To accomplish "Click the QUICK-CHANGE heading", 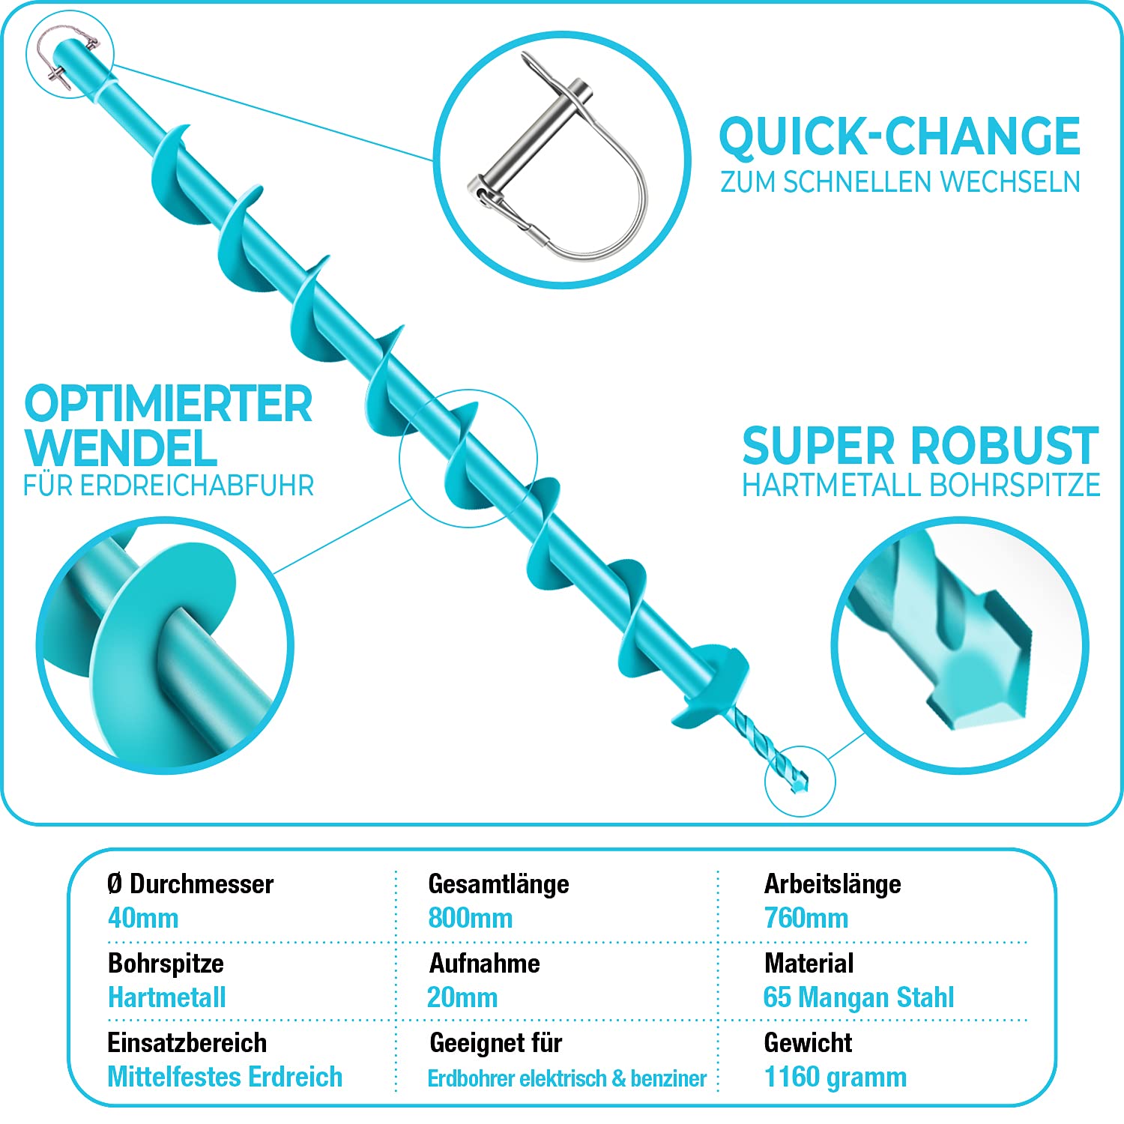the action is click(x=899, y=137).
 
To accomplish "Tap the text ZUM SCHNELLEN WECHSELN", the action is click(x=900, y=182).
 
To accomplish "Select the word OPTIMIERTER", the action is click(x=169, y=404).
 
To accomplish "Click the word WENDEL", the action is click(x=121, y=448).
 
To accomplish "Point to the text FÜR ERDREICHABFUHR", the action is click(x=169, y=486).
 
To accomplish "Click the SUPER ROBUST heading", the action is click(x=921, y=446).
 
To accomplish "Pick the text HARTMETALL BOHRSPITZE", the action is click(x=921, y=486).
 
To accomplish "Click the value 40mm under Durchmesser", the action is click(x=143, y=918).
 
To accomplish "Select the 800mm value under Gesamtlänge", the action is click(x=471, y=918).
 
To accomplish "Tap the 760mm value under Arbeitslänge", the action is click(x=806, y=918).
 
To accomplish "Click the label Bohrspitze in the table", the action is click(x=166, y=964).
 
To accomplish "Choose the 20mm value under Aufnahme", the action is click(x=462, y=997).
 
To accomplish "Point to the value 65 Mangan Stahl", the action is click(x=859, y=997).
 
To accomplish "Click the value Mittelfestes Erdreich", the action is click(x=225, y=1077).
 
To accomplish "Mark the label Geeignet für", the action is click(x=496, y=1043).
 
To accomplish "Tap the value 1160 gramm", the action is click(x=836, y=1077).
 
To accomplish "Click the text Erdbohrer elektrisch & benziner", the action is click(x=567, y=1078).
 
